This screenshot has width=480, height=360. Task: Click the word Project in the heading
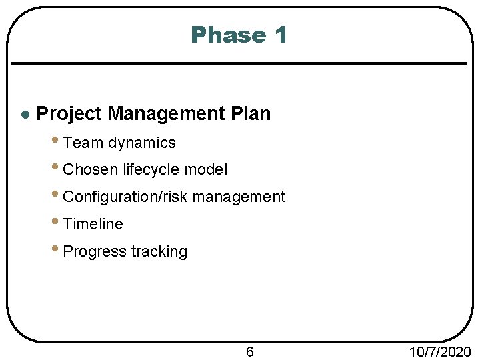point(69,114)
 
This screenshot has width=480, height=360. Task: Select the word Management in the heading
point(165,114)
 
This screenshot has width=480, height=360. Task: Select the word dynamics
point(141,143)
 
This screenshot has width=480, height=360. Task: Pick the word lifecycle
point(151,170)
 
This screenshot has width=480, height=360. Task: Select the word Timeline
point(93,225)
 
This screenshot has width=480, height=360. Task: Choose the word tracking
point(159,252)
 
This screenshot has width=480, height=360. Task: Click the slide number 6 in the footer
point(250,351)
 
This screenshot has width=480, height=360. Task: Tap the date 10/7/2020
point(439,351)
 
